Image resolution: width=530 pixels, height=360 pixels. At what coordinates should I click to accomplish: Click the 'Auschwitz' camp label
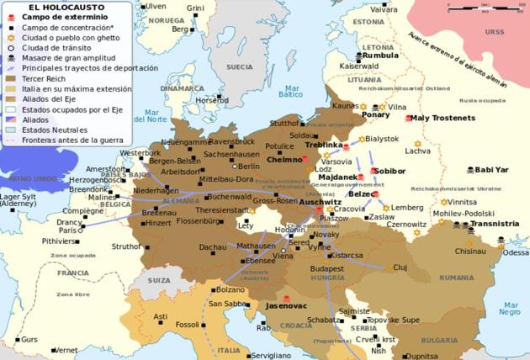[x=320, y=203]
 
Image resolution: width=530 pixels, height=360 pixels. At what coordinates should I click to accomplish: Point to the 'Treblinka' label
[x=322, y=145]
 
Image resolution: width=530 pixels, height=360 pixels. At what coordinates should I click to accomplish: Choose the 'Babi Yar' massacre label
[x=492, y=169]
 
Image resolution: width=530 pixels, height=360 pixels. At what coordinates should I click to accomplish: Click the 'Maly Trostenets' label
[x=443, y=118]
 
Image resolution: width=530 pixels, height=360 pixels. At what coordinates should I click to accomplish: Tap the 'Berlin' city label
[x=250, y=167]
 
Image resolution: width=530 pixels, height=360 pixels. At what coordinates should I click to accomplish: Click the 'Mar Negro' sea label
[x=511, y=309]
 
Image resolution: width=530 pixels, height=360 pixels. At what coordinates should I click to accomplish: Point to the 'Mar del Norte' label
[x=156, y=116]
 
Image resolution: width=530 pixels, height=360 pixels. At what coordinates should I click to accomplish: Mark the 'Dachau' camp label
[x=212, y=246]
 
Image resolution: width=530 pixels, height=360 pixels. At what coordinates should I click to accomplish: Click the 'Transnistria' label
[x=494, y=224]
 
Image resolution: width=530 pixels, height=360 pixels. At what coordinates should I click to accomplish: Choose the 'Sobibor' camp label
[x=390, y=171]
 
